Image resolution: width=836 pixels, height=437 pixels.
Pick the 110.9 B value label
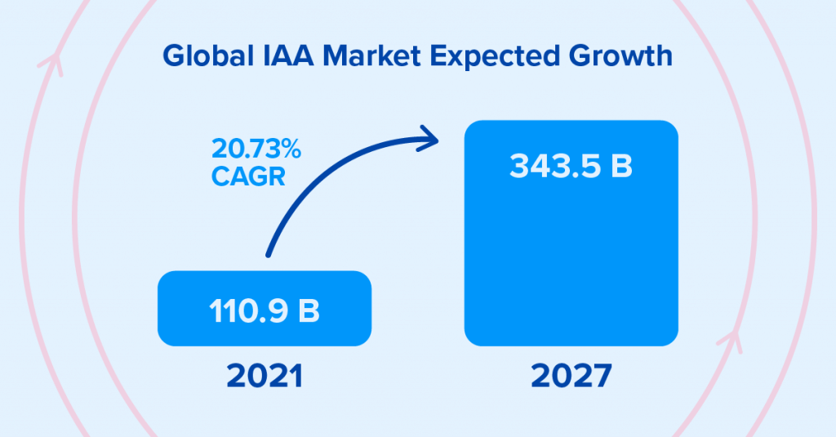click(264, 311)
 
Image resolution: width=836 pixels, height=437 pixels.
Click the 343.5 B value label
click(571, 165)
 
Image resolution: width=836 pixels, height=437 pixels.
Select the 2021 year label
click(264, 377)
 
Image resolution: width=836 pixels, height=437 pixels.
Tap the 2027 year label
click(571, 377)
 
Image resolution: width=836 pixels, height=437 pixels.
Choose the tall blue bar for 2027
click(571, 261)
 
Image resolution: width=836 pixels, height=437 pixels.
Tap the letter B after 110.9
click(309, 311)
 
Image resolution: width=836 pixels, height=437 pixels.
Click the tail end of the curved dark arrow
click(268, 255)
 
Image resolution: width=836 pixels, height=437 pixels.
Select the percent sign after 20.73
click(291, 151)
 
